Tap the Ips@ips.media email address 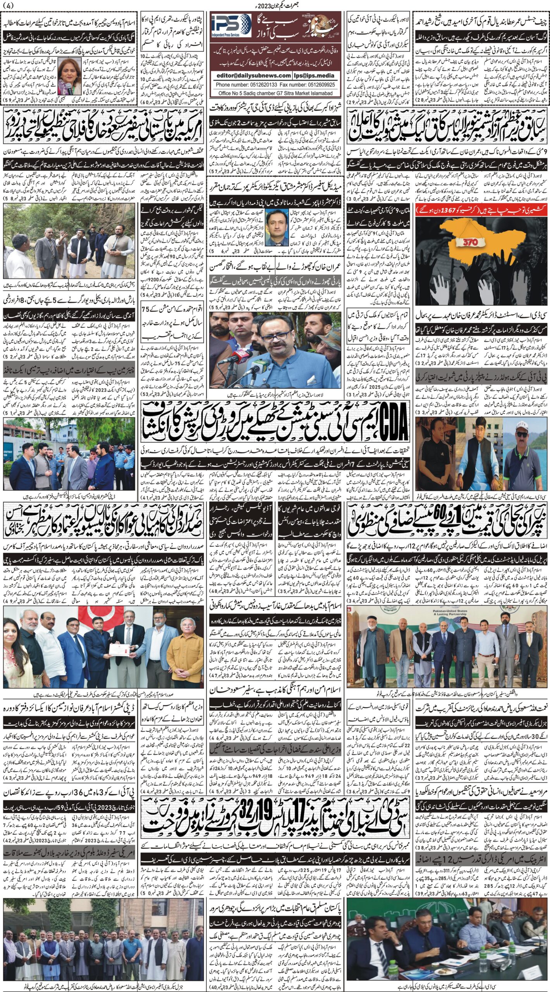coord(317,76)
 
